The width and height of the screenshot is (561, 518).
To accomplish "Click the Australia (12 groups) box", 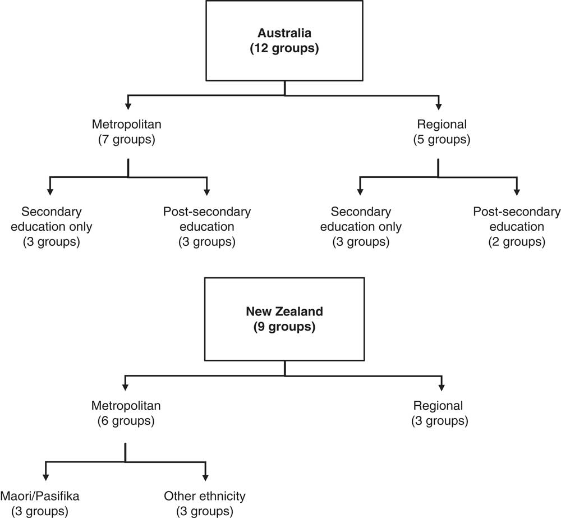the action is pyautogui.click(x=284, y=40).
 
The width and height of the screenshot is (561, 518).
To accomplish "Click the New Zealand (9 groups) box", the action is pyautogui.click(x=284, y=319).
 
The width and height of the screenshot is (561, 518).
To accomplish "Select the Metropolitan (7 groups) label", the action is pyautogui.click(x=127, y=131).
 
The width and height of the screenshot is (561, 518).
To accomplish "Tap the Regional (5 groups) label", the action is pyautogui.click(x=442, y=131).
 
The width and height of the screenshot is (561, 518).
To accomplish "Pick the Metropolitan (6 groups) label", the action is pyautogui.click(x=126, y=412).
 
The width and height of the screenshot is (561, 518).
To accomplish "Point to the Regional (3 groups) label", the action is pyautogui.click(x=439, y=412).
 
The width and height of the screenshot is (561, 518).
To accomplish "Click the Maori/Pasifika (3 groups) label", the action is pyautogui.click(x=40, y=503).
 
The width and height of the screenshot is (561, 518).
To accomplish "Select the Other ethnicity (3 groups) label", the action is pyautogui.click(x=205, y=503).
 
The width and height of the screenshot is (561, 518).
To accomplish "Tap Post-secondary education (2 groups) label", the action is pyautogui.click(x=517, y=227).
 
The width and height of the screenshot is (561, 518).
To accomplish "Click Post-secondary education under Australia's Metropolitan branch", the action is pyautogui.click(x=207, y=227).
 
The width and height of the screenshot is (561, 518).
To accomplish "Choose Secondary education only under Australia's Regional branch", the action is pyautogui.click(x=361, y=227).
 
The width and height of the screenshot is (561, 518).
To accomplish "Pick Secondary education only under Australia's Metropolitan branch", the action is pyautogui.click(x=52, y=227).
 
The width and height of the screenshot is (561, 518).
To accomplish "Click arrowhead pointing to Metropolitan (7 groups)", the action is pyautogui.click(x=128, y=107).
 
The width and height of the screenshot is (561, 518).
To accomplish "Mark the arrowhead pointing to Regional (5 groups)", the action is pyautogui.click(x=439, y=107).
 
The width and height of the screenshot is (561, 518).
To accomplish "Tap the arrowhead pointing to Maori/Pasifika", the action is pyautogui.click(x=45, y=477).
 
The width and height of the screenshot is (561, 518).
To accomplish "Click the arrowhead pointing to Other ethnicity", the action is pyautogui.click(x=205, y=477).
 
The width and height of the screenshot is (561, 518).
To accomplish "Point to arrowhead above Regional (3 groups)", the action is pyautogui.click(x=442, y=387).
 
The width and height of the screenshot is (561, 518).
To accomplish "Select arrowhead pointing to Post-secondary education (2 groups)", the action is pyautogui.click(x=517, y=192).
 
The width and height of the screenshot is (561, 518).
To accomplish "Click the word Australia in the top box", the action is pyautogui.click(x=284, y=33).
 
